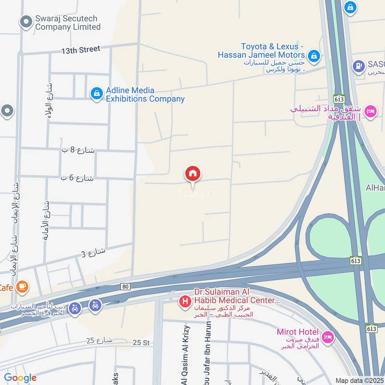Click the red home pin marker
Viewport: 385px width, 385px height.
[x=193, y=174]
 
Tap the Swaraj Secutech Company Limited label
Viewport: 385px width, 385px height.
[x=67, y=23]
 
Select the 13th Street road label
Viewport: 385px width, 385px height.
[x=80, y=49]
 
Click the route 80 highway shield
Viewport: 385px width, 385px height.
[x=125, y=286]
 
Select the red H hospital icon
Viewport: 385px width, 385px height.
[x=184, y=302]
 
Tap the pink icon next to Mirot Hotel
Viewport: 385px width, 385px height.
[x=328, y=337]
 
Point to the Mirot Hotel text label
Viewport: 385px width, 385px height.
[x=297, y=332]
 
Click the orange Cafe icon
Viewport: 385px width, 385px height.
[x=22, y=287]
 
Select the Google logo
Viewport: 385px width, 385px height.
[x=20, y=378]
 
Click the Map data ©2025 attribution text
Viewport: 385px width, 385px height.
[x=359, y=380]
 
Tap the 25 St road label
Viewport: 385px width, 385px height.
[x=142, y=342]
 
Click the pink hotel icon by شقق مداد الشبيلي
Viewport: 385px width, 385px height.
[x=370, y=112]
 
